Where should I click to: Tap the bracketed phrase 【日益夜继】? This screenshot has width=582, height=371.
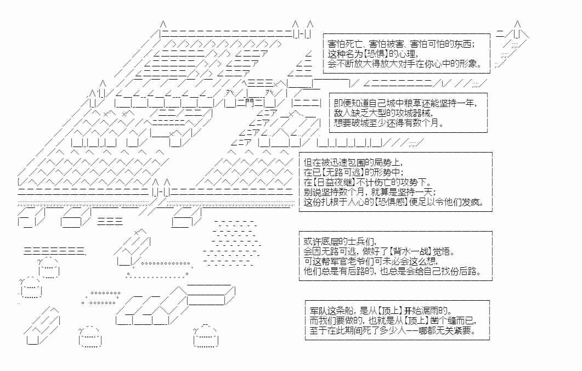pos(334,182)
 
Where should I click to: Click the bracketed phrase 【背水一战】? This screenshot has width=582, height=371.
pos(409,251)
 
